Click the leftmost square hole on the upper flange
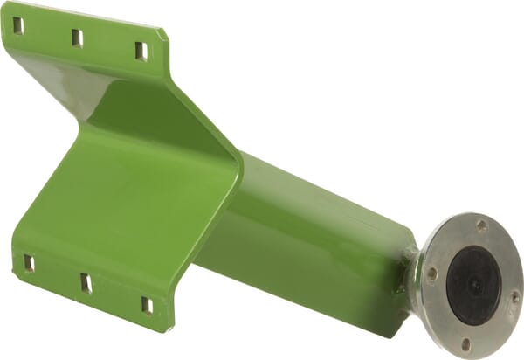pos(18,25)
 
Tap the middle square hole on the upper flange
pos(77,38)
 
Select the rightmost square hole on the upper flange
pos(141,51)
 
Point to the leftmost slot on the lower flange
pos(29,262)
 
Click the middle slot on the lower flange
pos(86,282)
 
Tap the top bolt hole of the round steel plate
pos(481,225)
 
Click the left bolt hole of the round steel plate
pos(431,273)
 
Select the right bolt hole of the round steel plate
pos(514,295)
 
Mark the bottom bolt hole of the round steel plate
pos(465,343)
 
